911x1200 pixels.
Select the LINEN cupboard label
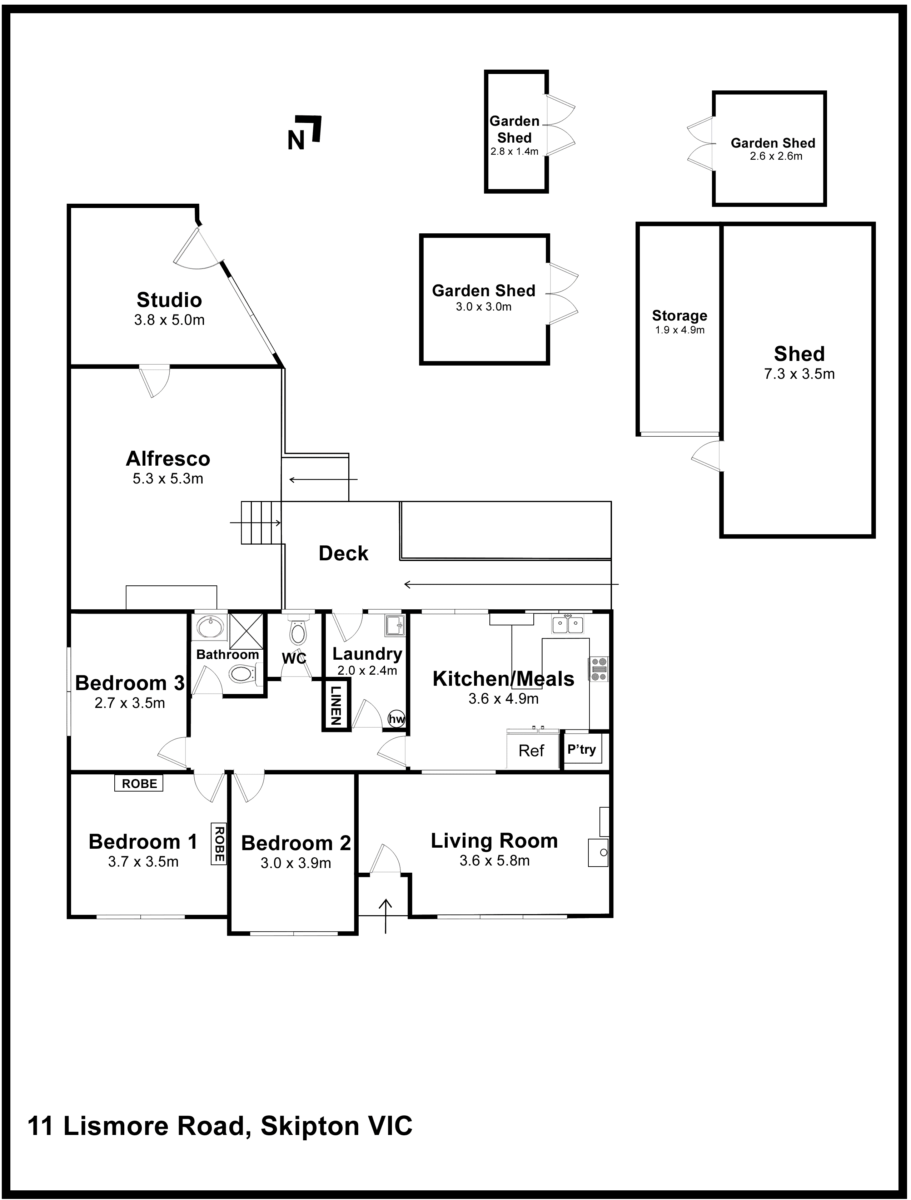point(336,705)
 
